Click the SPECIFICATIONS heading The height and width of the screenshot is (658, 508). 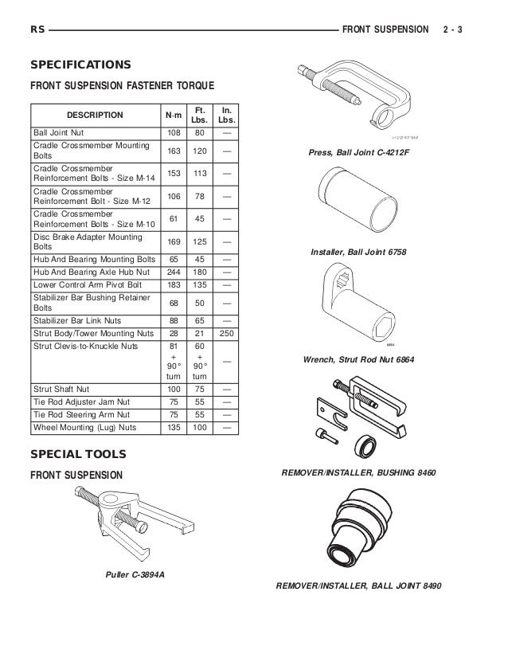80,64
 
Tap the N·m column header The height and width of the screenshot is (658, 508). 173,115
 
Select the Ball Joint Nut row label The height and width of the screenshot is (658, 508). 61,133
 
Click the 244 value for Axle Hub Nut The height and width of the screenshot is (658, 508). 173,272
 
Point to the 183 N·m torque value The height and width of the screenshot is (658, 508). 173,284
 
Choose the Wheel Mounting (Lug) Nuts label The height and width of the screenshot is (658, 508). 84,427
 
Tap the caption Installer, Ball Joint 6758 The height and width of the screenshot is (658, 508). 358,253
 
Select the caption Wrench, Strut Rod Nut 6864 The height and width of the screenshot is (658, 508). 358,359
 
